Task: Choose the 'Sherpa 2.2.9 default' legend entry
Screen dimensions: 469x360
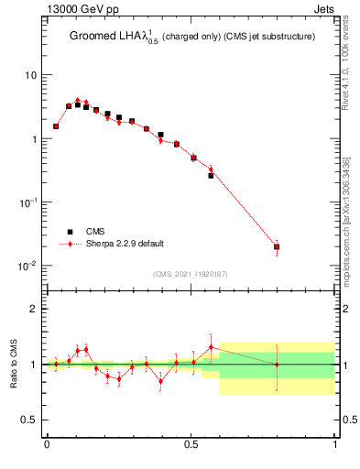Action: tap(124, 244)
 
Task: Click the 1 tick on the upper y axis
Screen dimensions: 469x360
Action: tap(34, 139)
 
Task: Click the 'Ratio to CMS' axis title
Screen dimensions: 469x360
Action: tap(15, 364)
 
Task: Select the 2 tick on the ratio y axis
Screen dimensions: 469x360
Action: tap(34, 309)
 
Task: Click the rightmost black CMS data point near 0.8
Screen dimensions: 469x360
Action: tap(277, 246)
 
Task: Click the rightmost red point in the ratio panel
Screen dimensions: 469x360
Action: tap(277, 365)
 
